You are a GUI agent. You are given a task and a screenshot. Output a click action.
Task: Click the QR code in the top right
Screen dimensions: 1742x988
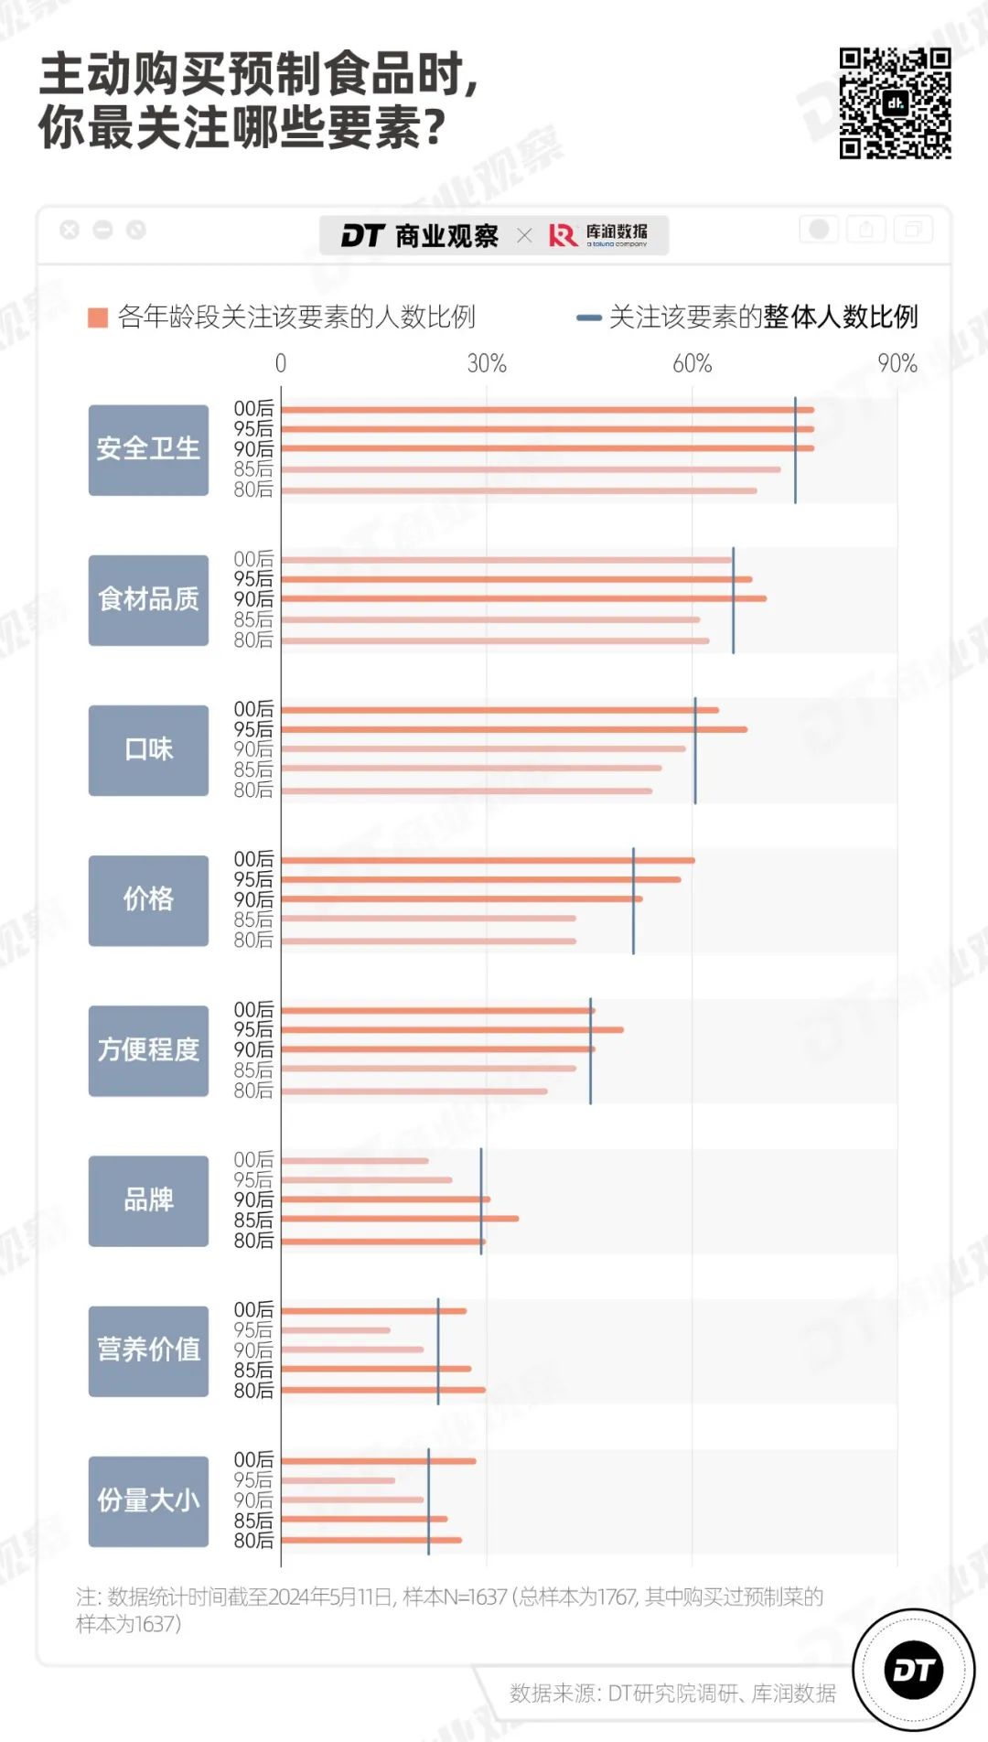click(895, 103)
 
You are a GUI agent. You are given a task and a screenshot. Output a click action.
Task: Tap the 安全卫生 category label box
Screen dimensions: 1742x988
click(148, 449)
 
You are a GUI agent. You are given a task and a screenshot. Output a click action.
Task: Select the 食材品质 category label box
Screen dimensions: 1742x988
click(148, 599)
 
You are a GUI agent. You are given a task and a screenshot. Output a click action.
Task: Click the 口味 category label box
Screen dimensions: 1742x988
click(148, 749)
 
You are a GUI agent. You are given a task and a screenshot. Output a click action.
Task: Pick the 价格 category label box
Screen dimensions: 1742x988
click(148, 899)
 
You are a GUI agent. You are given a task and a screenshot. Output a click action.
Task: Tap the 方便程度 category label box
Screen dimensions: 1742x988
click(148, 1050)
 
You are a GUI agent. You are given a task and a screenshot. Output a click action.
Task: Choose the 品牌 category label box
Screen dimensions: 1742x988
click(148, 1200)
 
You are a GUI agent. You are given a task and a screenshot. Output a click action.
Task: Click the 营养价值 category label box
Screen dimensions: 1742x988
click(148, 1350)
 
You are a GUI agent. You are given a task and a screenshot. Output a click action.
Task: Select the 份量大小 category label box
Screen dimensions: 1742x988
click(148, 1500)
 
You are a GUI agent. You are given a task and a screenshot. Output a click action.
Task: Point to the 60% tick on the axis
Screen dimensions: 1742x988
click(692, 364)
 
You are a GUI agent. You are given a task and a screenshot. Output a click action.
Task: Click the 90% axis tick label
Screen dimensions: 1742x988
click(897, 364)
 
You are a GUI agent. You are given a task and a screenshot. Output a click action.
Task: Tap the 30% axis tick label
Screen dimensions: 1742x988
click(487, 364)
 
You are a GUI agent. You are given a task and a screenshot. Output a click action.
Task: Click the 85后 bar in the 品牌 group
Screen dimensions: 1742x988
click(400, 1219)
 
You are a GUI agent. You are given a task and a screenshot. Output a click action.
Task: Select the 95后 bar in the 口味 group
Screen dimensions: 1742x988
click(513, 729)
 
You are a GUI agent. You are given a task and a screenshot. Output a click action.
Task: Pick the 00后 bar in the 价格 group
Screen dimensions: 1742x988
click(488, 860)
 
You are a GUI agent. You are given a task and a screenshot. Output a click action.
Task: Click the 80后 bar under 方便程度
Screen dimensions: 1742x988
click(413, 1091)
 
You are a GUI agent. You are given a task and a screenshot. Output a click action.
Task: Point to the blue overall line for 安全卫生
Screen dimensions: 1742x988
click(795, 449)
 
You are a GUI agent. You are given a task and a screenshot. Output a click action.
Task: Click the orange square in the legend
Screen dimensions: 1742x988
click(98, 317)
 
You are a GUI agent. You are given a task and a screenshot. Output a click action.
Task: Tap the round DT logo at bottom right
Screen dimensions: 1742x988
click(913, 1670)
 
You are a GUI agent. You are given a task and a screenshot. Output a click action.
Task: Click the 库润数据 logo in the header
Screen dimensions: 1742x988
click(598, 235)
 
